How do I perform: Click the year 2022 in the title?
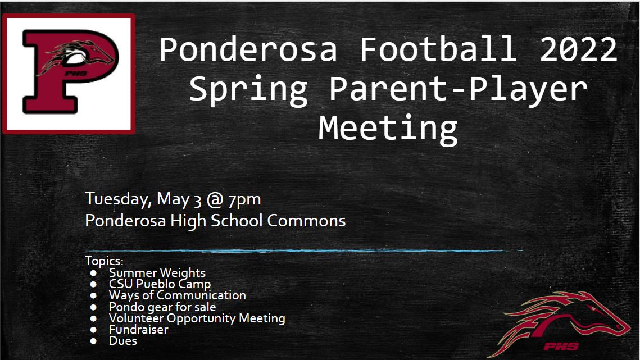point(578,49)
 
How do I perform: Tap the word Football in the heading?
point(438,48)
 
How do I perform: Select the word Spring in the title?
point(248,90)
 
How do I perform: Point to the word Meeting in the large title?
point(388,129)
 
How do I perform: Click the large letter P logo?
point(69,74)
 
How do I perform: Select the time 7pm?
point(244,199)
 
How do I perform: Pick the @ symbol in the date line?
point(215,199)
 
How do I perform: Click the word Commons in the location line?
point(306,221)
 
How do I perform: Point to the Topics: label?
point(104,261)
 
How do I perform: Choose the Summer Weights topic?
point(157,272)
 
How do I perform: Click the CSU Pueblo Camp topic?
point(160,284)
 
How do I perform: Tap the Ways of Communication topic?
point(177,295)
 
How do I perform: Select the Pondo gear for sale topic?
point(162,307)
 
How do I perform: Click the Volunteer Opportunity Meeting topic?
point(197,318)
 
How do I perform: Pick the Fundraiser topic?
point(138,329)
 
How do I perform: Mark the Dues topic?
point(123,341)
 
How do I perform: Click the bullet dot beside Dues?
point(93,341)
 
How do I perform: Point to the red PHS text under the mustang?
point(561,347)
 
